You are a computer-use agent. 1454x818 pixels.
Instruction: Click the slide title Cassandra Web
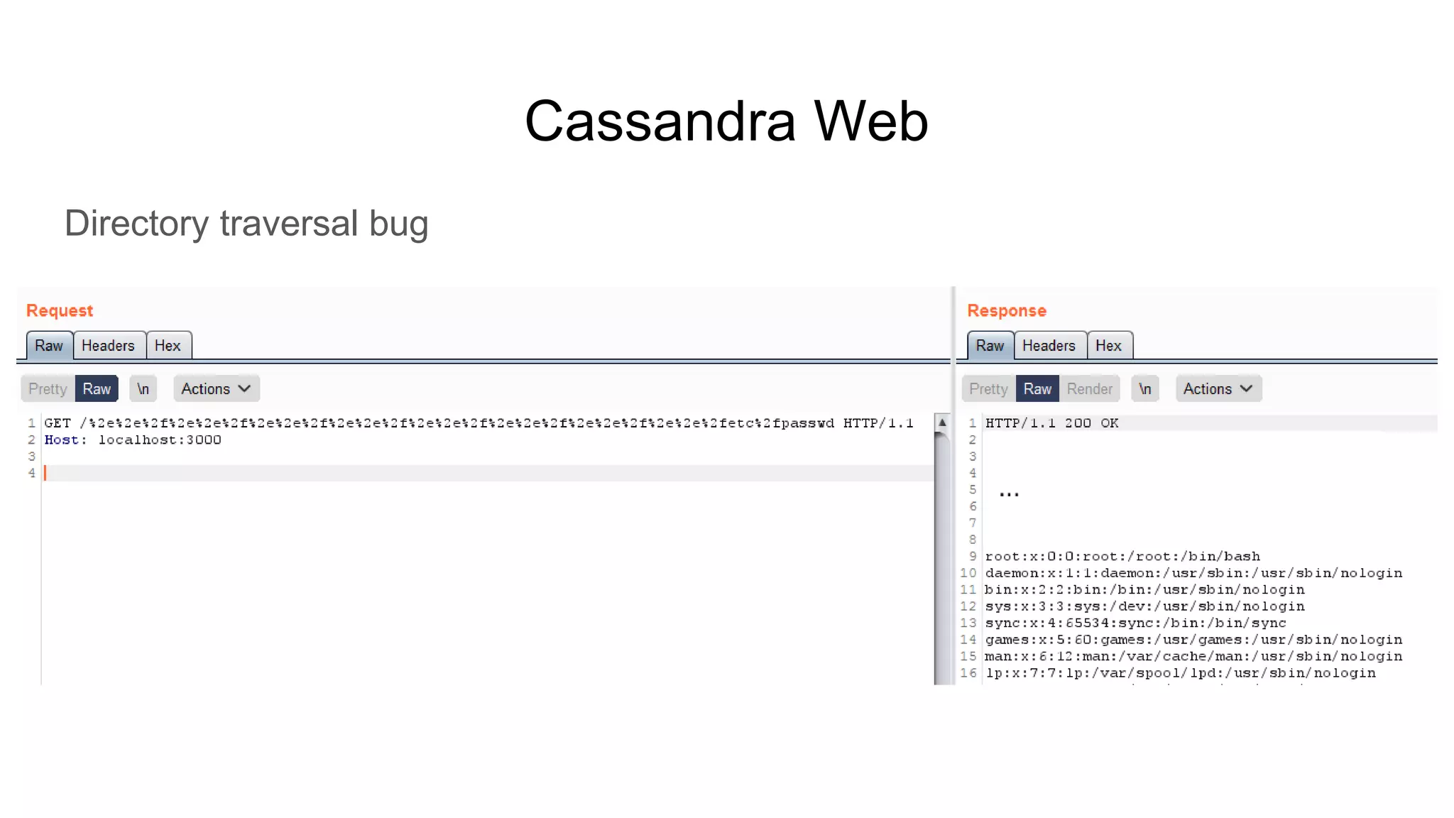pos(726,121)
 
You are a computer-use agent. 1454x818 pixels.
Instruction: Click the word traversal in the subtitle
pos(288,224)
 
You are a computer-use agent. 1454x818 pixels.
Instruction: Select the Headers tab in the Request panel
pos(108,346)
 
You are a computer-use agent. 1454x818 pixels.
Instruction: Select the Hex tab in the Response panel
pos(1108,346)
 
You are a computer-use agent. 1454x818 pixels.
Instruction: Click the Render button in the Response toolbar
pos(1089,389)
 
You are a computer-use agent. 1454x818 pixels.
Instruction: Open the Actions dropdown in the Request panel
pos(216,389)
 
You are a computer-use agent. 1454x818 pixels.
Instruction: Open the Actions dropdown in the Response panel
pos(1218,389)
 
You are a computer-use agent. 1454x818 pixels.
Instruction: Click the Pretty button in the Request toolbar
pos(48,389)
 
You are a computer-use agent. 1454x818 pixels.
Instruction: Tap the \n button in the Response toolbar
pos(1144,389)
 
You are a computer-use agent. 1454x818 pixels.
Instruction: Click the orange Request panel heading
pos(60,311)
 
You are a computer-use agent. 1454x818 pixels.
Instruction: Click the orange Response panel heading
pos(1006,311)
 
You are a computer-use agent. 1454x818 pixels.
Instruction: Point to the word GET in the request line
pos(58,423)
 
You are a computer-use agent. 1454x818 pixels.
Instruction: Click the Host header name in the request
pos(61,440)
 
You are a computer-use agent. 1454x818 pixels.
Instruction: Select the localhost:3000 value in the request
pos(160,440)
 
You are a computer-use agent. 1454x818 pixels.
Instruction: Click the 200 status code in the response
pos(1077,423)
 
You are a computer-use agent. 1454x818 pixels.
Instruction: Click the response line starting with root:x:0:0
pos(1122,557)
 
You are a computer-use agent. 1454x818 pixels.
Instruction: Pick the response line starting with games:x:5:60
pos(1193,640)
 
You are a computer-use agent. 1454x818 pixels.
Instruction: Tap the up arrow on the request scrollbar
pos(942,422)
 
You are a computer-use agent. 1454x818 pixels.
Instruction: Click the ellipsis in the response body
pos(1009,493)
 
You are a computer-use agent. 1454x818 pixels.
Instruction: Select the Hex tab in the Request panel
pos(168,346)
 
